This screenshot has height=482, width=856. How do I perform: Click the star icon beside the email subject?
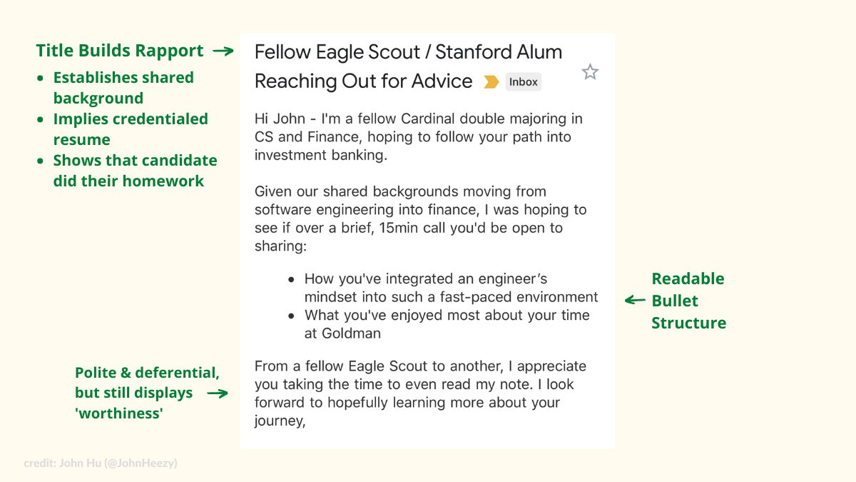tap(590, 72)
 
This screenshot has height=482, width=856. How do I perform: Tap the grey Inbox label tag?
tap(524, 82)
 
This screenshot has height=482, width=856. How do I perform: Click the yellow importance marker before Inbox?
tap(491, 82)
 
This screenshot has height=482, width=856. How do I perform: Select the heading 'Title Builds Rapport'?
tap(120, 51)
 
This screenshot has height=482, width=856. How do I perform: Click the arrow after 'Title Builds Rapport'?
tap(223, 51)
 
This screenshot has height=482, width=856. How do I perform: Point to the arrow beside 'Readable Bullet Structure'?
tap(635, 301)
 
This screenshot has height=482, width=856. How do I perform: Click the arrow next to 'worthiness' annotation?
tap(218, 393)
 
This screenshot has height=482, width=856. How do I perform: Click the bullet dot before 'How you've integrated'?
tap(291, 280)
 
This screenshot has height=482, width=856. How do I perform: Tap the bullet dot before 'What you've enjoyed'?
tap(291, 316)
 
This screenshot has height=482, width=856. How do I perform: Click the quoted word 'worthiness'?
tap(119, 413)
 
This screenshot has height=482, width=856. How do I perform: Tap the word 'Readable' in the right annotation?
tap(688, 279)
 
